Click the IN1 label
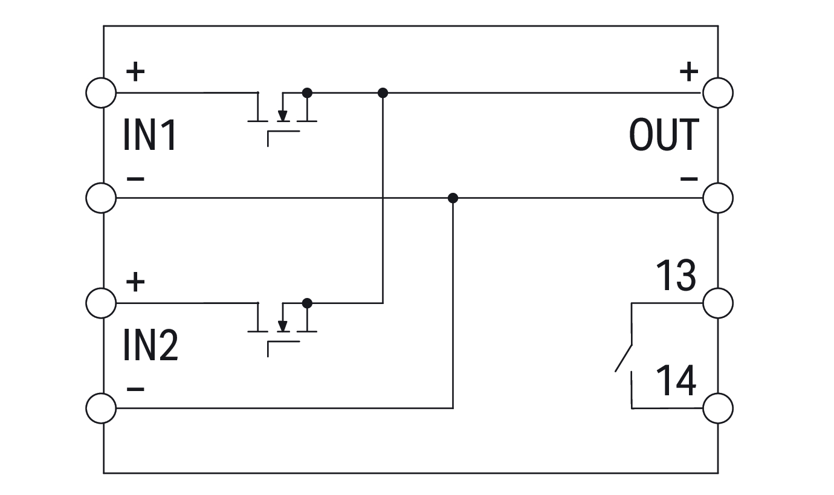[x=150, y=135]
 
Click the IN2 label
[x=150, y=345]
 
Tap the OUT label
[x=664, y=135]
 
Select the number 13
[x=676, y=276]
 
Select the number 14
[x=676, y=380]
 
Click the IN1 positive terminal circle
[x=101, y=93]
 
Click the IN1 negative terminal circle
[x=101, y=198]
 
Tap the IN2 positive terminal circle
[x=101, y=303]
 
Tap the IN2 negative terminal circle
[x=101, y=408]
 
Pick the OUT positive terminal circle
[x=718, y=93]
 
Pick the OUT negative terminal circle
[x=718, y=198]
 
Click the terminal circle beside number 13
[x=718, y=303]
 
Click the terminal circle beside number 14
[x=718, y=408]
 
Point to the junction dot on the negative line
[x=453, y=198]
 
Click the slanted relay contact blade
[x=624, y=358]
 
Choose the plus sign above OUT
[x=688, y=73]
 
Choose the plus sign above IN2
[x=135, y=282]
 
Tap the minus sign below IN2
[x=135, y=388]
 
